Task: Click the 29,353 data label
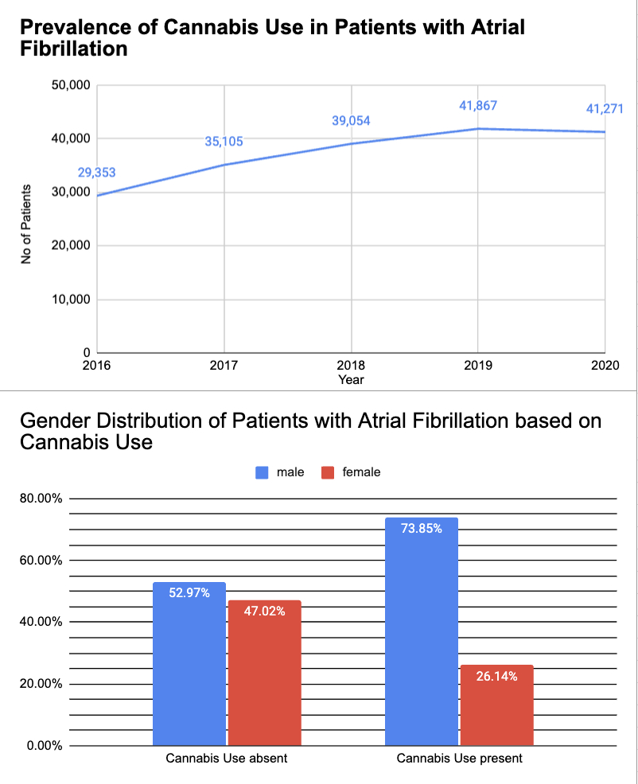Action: click(x=97, y=172)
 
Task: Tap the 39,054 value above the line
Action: click(x=351, y=121)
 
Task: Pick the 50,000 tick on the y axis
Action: click(x=71, y=85)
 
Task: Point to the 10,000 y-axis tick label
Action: click(x=71, y=300)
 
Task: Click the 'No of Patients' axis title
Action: click(x=26, y=224)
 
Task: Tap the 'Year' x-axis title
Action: click(x=351, y=379)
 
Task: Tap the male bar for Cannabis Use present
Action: click(x=421, y=636)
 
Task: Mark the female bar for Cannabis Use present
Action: click(x=496, y=708)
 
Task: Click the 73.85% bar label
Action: click(x=421, y=528)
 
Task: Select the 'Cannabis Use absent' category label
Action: click(x=227, y=758)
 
